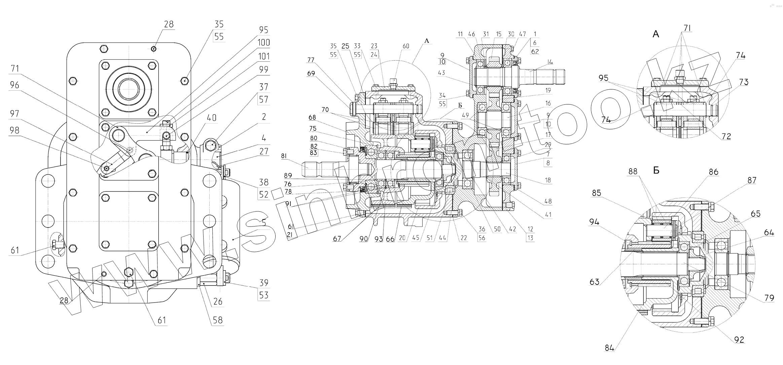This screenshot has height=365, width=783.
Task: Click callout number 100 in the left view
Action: [264, 43]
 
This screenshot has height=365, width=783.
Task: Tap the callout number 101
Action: [264, 56]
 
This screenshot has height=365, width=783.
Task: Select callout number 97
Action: [14, 114]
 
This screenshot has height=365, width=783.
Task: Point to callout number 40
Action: [211, 118]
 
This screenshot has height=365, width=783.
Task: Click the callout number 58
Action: [218, 320]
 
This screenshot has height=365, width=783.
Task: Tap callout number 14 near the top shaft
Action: [550, 62]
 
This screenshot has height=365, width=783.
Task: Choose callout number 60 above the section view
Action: [406, 46]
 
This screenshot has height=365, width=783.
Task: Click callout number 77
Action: [311, 60]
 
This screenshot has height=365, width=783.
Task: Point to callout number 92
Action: [739, 340]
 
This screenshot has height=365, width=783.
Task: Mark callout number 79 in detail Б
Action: [769, 298]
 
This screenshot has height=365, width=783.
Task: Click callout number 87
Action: [752, 181]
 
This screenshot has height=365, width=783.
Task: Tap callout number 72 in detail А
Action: [726, 136]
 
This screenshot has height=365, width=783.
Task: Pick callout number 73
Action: [744, 82]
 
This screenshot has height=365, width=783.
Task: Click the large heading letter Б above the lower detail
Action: [656, 171]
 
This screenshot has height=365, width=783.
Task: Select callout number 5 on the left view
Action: [264, 223]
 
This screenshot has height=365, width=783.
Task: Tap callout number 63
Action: [595, 282]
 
